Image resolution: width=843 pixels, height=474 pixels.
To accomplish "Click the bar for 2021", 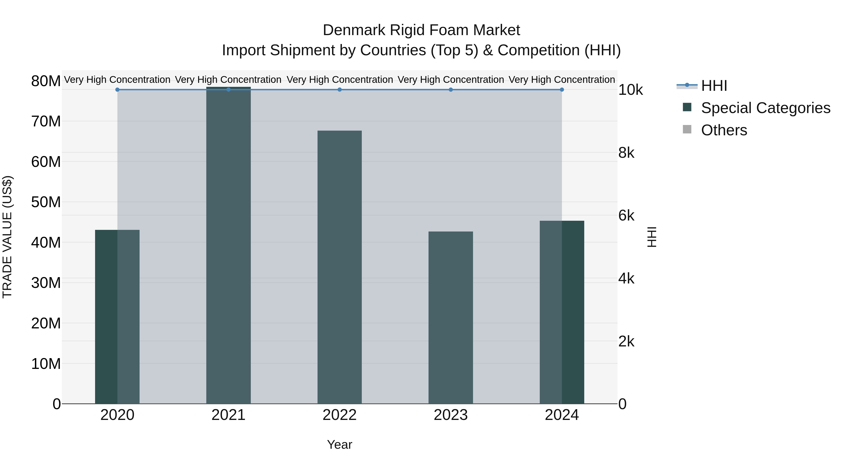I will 228,245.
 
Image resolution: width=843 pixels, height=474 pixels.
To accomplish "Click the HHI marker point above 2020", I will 117,90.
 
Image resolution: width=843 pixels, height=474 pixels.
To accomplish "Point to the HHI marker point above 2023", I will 451,90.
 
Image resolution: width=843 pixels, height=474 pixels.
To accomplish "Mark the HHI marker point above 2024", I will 562,90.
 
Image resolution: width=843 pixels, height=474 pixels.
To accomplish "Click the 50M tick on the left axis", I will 46,202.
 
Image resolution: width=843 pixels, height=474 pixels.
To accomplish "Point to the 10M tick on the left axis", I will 46,364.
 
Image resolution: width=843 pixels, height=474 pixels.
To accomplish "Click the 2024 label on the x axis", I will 562,415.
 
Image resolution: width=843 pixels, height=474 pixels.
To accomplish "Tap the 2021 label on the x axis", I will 228,415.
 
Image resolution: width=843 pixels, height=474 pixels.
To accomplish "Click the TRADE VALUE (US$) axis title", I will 7,237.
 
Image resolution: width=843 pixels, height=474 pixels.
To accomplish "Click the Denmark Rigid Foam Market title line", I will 421,30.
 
